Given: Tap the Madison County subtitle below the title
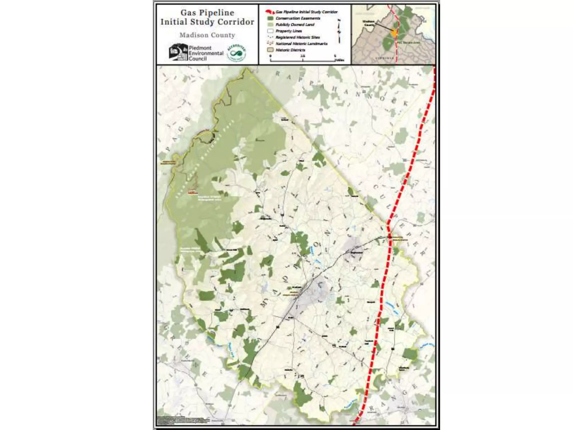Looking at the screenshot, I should [x=207, y=35].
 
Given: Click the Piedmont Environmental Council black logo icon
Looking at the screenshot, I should [x=178, y=52].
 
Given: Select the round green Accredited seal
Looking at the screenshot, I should [x=236, y=53].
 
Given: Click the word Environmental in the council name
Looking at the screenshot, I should [x=206, y=53].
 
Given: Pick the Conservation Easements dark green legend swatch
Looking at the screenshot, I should [x=270, y=18].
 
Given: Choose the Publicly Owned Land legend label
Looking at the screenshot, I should [x=295, y=25].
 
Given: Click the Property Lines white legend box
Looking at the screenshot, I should [x=270, y=31].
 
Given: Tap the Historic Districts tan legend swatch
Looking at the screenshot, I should [x=270, y=50].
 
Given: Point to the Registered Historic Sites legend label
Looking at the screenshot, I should [x=298, y=37].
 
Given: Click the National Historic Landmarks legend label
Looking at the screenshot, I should [x=301, y=44].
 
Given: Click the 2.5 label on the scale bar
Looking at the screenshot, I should [x=303, y=56].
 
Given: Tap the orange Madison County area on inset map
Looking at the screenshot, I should [x=394, y=33].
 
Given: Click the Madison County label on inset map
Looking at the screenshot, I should [x=368, y=23].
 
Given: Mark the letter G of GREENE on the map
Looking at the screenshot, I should [x=166, y=328].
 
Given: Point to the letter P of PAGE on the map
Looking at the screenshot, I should [x=168, y=149].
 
